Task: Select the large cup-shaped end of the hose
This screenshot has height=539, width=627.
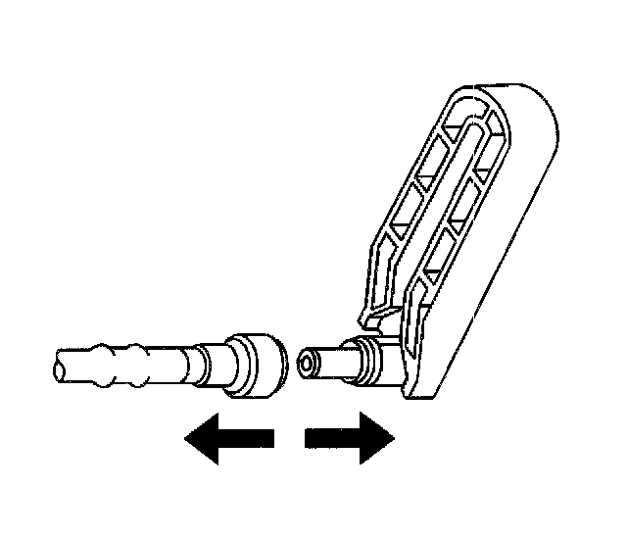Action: (x=256, y=367)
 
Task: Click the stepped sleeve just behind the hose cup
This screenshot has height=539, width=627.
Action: (x=212, y=362)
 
